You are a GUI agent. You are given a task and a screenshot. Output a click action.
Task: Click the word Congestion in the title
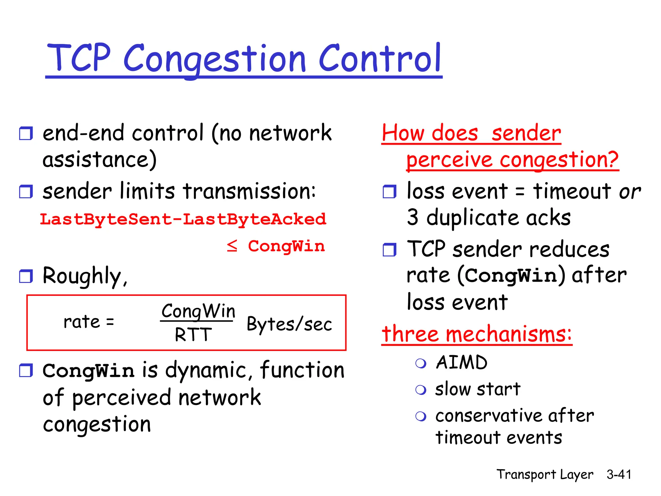(x=214, y=59)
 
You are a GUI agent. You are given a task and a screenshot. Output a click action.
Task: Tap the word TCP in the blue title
(x=79, y=58)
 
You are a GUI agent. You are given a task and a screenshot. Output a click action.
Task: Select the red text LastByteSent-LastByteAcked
(x=183, y=219)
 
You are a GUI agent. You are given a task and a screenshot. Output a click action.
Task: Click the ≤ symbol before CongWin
(x=232, y=246)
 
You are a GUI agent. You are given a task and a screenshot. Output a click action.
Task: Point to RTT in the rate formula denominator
(x=193, y=335)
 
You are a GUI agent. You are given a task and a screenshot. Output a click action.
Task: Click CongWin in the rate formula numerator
(x=198, y=311)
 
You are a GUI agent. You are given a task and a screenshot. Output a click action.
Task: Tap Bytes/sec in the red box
(x=289, y=324)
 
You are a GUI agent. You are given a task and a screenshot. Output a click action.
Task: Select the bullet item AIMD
(x=462, y=362)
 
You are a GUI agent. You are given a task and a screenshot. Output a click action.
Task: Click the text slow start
(x=477, y=389)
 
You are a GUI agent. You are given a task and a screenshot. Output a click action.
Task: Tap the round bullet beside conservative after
(x=421, y=416)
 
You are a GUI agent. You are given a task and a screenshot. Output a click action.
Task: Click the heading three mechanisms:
(x=476, y=334)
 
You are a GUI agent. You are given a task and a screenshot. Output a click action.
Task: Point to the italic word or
(x=629, y=192)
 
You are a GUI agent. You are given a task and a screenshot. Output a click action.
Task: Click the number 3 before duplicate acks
(x=413, y=217)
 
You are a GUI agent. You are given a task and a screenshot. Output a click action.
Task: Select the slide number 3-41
(x=618, y=474)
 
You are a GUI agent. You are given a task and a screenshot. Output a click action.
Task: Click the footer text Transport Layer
(x=544, y=474)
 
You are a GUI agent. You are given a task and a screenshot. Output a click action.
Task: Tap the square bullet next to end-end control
(x=26, y=133)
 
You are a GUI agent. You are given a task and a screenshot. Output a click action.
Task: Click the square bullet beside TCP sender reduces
(x=389, y=250)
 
